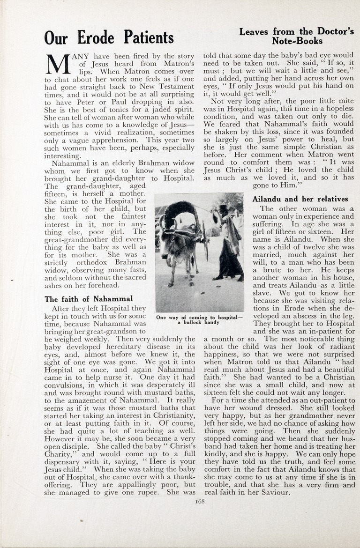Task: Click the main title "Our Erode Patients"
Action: click(109, 37)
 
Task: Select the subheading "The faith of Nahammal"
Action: click(89, 298)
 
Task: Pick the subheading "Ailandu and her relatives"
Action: click(300, 199)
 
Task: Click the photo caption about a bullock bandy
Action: click(199, 319)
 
